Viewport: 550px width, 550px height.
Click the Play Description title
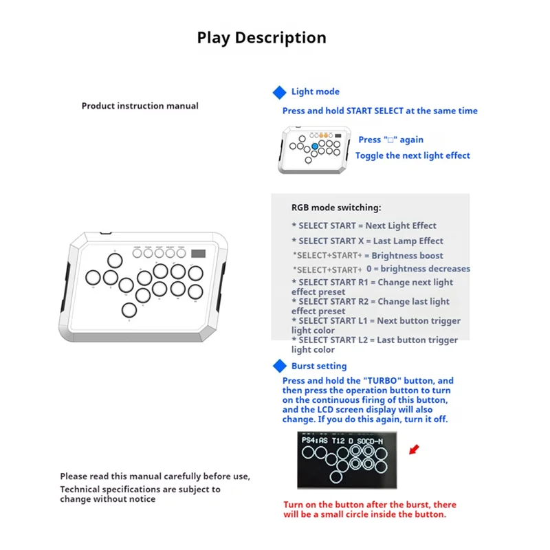pos(261,37)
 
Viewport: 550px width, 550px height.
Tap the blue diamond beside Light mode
pos(279,92)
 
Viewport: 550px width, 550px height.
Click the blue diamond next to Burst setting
pos(279,366)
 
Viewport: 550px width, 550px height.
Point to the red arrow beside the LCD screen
pos(413,450)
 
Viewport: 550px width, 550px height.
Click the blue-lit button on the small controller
pos(314,146)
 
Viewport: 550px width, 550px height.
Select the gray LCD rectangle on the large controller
pos(199,253)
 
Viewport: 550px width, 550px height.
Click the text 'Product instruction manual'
pos(140,106)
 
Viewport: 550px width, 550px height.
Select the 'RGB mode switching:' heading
pos(336,207)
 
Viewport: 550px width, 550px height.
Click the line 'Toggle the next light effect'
pos(412,155)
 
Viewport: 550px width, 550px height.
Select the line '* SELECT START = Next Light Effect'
pos(364,225)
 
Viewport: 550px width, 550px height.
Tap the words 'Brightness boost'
pos(408,256)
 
